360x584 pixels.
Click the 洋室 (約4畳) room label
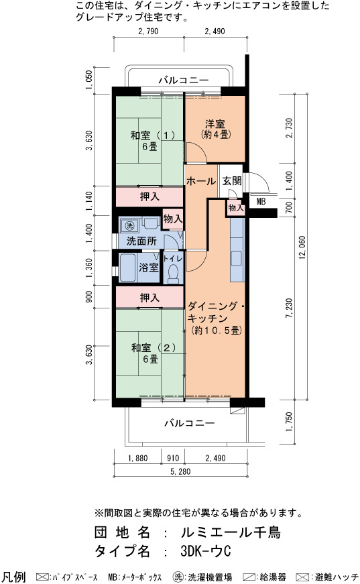(x=215, y=129)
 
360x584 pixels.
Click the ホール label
(x=201, y=181)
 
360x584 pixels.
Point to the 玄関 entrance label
(x=232, y=181)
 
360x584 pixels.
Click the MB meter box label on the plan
(x=261, y=202)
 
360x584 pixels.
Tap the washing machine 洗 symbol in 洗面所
(x=129, y=225)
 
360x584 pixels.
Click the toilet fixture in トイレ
(x=173, y=274)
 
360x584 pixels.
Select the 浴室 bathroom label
(x=149, y=267)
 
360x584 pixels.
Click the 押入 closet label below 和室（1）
(x=149, y=196)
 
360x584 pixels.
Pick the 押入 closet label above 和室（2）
(x=149, y=298)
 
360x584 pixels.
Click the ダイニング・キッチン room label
(x=216, y=318)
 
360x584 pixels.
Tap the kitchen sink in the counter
(x=237, y=259)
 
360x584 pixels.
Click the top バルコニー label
(x=184, y=80)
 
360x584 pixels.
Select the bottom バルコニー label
(x=190, y=423)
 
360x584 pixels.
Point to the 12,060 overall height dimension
(x=302, y=247)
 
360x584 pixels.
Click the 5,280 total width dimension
(x=180, y=471)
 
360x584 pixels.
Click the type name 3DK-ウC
(x=206, y=551)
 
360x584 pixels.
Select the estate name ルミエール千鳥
(x=231, y=532)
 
